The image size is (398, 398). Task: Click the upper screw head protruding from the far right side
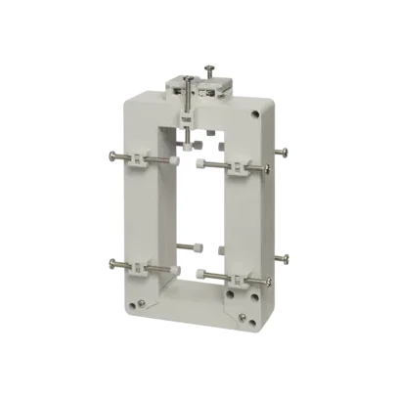[284, 152]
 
